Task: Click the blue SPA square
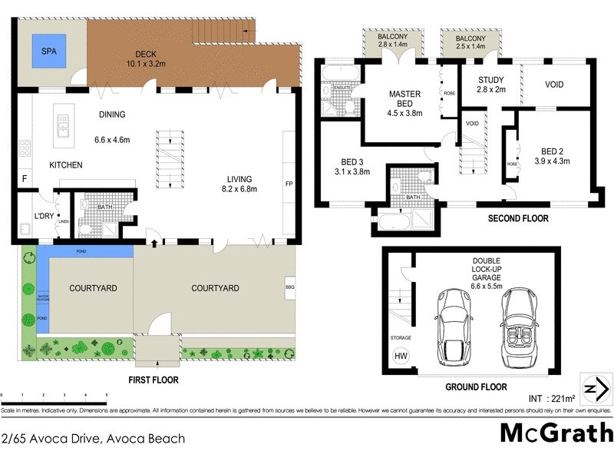pyautogui.click(x=48, y=53)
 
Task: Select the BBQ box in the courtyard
pyautogui.click(x=290, y=287)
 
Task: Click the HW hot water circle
pyautogui.click(x=401, y=355)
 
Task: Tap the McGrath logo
pyautogui.click(x=556, y=433)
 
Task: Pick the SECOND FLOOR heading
pyautogui.click(x=518, y=218)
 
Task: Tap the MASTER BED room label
pyautogui.click(x=404, y=99)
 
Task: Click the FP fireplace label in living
pyautogui.click(x=289, y=184)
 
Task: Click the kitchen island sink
pyautogui.click(x=63, y=121)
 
